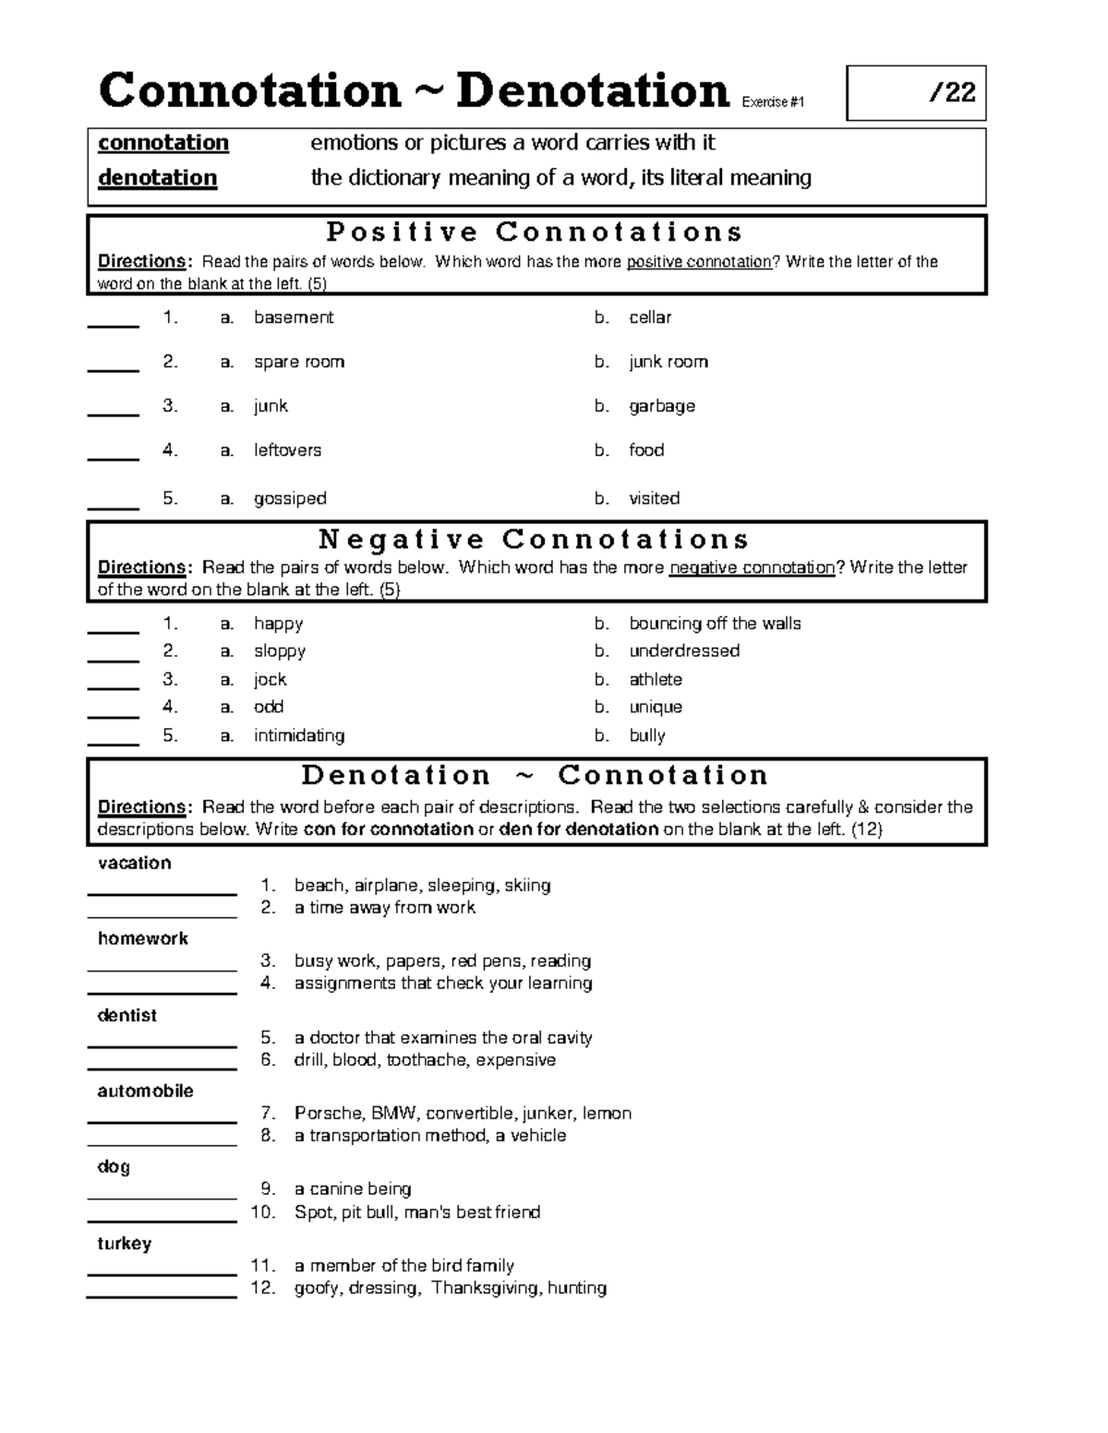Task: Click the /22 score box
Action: click(x=916, y=93)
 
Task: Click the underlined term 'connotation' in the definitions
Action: click(x=163, y=143)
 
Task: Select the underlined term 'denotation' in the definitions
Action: click(x=158, y=178)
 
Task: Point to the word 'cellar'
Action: click(x=650, y=317)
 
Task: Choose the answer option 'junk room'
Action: click(x=668, y=362)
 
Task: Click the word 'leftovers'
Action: click(x=288, y=450)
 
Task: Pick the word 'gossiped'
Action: click(x=290, y=498)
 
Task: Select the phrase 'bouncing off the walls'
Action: click(x=715, y=624)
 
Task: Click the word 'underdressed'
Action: click(x=684, y=651)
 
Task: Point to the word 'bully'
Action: click(x=647, y=735)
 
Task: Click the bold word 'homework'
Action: click(x=143, y=938)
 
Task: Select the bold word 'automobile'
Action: click(x=146, y=1091)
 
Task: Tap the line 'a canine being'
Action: click(x=353, y=1189)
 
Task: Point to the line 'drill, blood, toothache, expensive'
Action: click(x=425, y=1060)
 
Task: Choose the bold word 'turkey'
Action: click(x=125, y=1243)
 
